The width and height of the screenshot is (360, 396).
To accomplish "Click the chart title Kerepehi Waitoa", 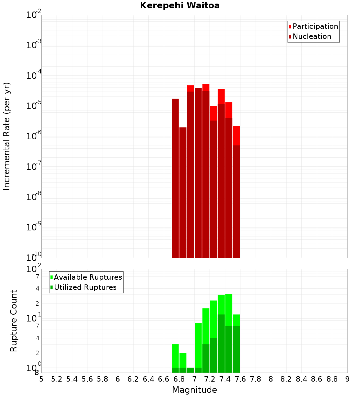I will click(180, 5).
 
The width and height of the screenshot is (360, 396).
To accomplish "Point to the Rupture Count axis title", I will click(13, 321).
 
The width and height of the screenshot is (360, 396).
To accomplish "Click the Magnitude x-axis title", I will click(194, 390).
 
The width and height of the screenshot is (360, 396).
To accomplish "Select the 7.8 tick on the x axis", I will click(256, 379).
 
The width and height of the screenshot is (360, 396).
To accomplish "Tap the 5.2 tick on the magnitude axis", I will click(57, 379).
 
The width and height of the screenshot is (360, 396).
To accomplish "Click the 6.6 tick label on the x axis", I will click(164, 379).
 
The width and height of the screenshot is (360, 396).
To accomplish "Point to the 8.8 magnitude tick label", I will click(332, 379).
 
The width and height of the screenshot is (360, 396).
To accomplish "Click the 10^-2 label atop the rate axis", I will click(34, 15).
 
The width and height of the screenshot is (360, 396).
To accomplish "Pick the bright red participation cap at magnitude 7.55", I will click(236, 135).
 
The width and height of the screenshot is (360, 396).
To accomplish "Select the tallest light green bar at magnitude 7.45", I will click(229, 310).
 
